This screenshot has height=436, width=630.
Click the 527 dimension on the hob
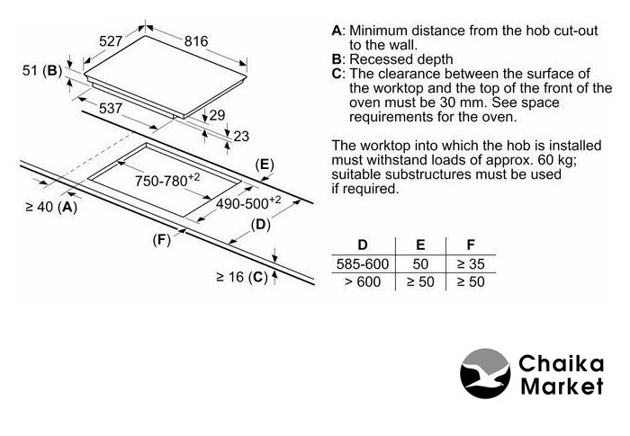click(111, 41)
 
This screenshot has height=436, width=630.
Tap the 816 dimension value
click(196, 41)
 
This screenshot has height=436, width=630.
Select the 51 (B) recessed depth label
click(42, 71)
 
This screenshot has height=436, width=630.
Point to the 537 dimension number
click(110, 108)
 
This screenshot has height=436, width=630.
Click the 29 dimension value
click(218, 115)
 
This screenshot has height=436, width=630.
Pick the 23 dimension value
click(241, 137)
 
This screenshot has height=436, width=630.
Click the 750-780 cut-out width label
click(167, 181)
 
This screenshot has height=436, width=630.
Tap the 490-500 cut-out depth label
click(248, 203)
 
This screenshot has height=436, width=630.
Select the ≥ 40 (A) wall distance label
click(51, 207)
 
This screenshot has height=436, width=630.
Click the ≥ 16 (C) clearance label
click(242, 277)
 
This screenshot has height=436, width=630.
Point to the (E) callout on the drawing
click(265, 165)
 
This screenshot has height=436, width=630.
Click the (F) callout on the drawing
click(161, 240)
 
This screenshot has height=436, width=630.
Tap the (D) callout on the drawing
click(261, 225)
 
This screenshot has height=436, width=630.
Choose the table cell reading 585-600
click(363, 263)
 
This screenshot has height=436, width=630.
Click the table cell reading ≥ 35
click(471, 263)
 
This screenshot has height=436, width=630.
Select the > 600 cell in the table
click(363, 282)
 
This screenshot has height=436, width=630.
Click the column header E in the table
click(420, 245)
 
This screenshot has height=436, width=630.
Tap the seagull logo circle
click(485, 373)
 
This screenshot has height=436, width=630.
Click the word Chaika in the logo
click(561, 364)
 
